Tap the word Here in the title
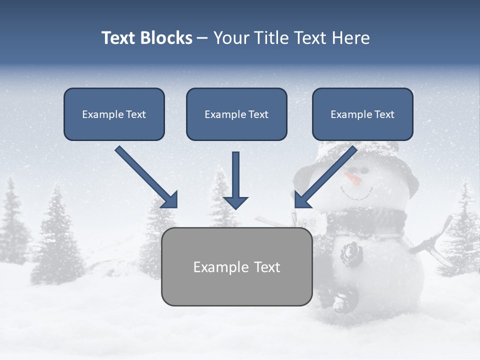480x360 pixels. pyautogui.click(x=350, y=38)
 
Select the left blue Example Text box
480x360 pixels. pyautogui.click(x=114, y=114)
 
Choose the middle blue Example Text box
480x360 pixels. pyautogui.click(x=236, y=114)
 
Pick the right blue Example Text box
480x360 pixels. pyautogui.click(x=362, y=114)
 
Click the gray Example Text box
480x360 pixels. pyautogui.click(x=236, y=266)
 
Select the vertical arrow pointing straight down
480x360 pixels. pyautogui.click(x=235, y=180)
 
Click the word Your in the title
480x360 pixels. pyautogui.click(x=231, y=38)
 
